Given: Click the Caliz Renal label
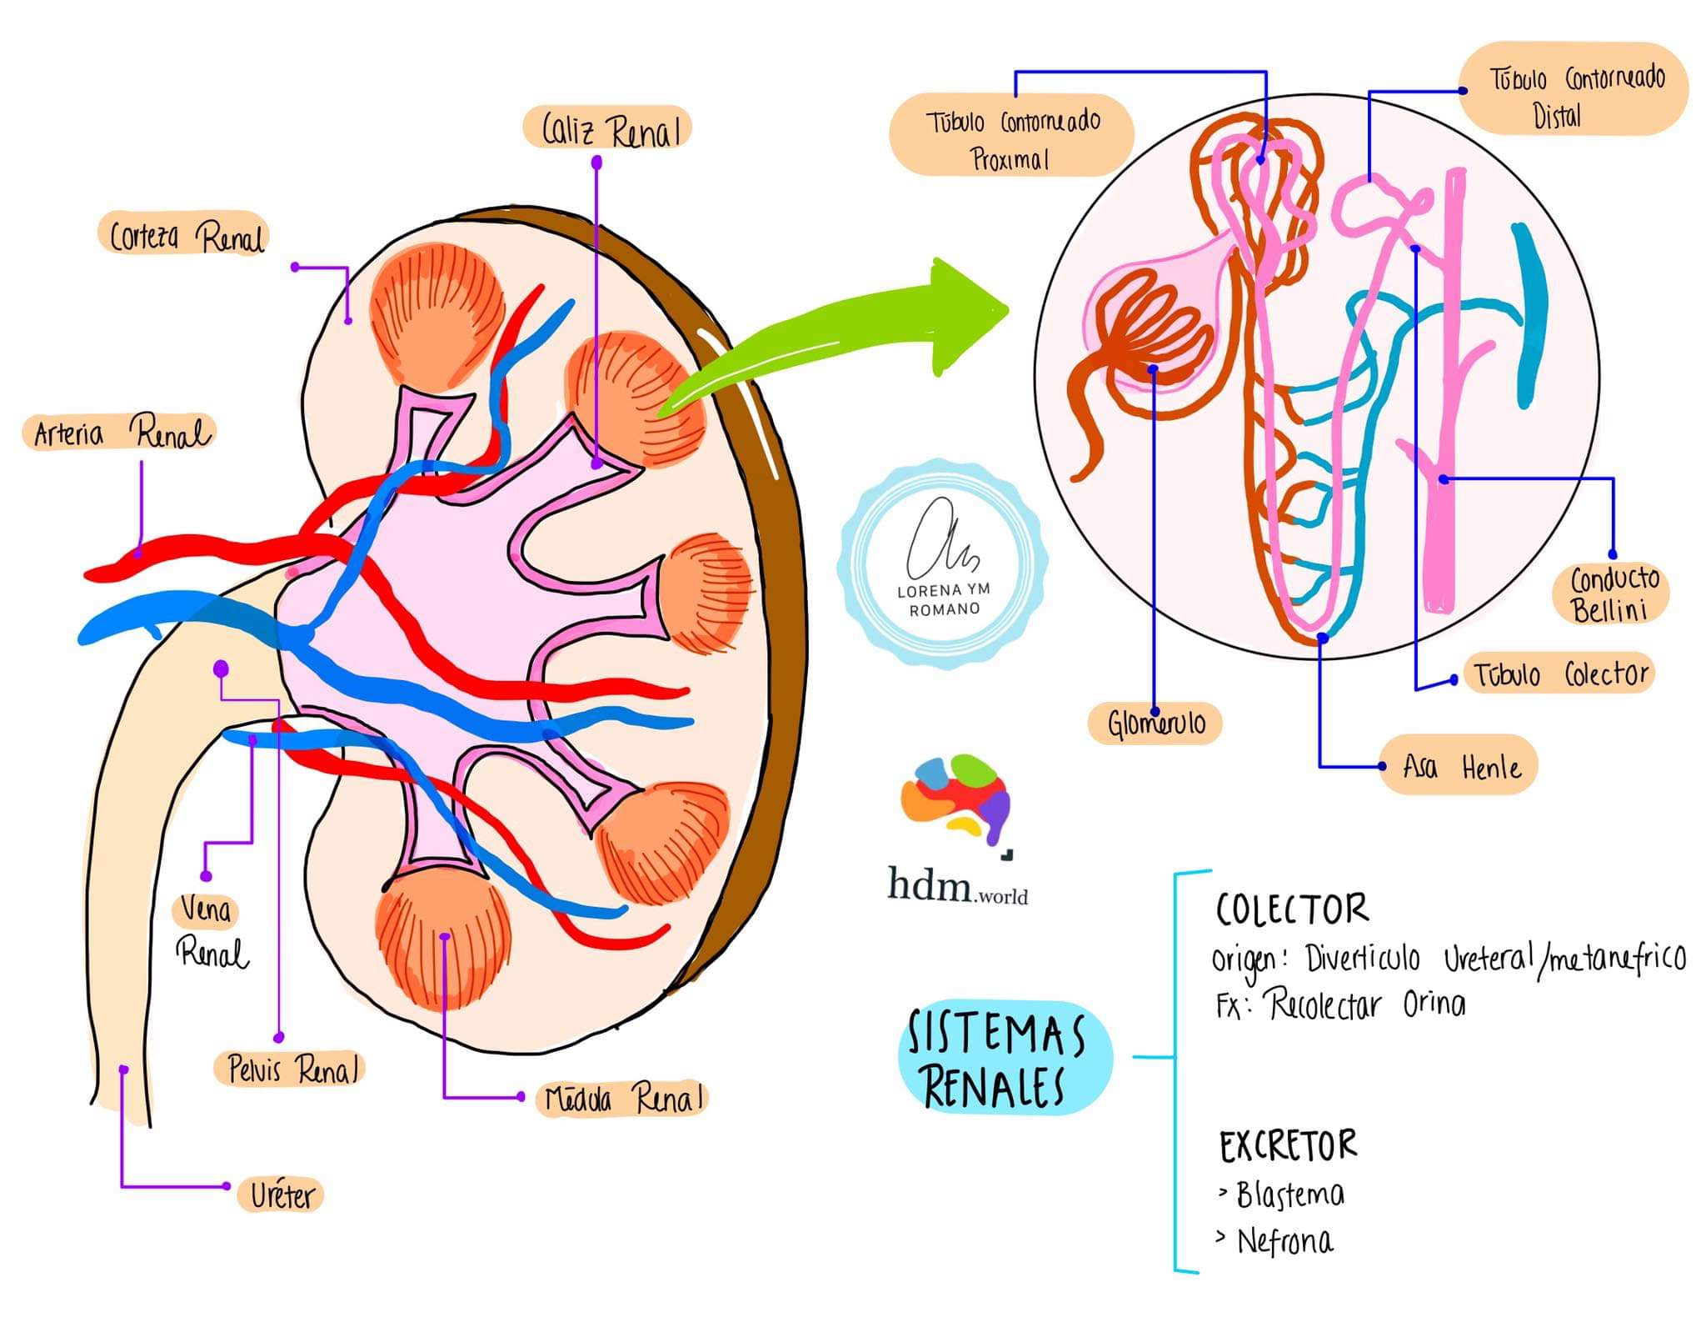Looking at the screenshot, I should click(609, 129).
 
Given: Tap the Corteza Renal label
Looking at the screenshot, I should click(185, 236).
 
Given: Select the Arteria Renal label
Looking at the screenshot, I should click(121, 433).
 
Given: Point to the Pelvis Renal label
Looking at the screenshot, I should click(291, 1069).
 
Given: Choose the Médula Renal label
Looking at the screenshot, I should click(622, 1098).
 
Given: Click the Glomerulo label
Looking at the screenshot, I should click(1155, 723).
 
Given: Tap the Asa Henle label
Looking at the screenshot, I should click(1460, 766).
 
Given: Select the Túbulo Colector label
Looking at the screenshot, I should click(1559, 674).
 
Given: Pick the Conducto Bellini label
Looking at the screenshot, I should click(1613, 593).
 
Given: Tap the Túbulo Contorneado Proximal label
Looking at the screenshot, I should click(1011, 137).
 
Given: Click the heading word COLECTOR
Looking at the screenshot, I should click(1291, 909).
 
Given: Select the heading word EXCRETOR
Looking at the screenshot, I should click(1288, 1147).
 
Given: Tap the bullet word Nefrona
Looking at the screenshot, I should click(1284, 1242).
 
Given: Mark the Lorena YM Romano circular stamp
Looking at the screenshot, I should click(943, 565).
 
